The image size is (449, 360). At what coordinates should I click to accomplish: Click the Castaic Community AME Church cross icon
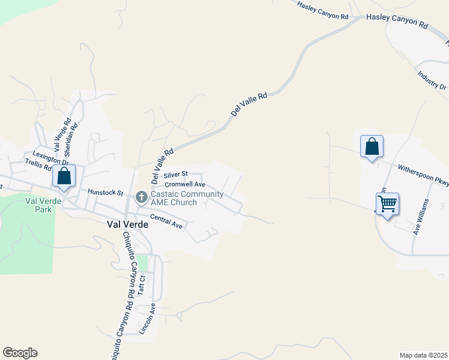(x=142, y=196)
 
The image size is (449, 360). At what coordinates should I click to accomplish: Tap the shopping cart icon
(x=387, y=204)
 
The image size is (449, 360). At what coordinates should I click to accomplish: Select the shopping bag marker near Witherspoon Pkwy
(x=372, y=146)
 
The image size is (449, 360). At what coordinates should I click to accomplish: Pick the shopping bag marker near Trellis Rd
(x=64, y=176)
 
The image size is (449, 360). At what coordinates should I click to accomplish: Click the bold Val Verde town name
(x=119, y=225)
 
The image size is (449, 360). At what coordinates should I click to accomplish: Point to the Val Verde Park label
(x=39, y=206)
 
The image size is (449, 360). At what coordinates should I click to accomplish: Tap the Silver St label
(x=176, y=173)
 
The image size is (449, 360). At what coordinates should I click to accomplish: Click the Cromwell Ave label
(x=185, y=184)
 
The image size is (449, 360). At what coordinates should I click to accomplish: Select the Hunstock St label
(x=105, y=193)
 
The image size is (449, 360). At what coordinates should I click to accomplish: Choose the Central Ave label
(x=166, y=221)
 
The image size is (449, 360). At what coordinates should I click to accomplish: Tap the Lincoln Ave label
(x=148, y=318)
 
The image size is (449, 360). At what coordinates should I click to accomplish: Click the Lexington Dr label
(x=51, y=158)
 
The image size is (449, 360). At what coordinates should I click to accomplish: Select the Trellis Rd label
(x=38, y=166)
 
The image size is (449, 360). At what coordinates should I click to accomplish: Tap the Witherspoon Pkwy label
(x=421, y=175)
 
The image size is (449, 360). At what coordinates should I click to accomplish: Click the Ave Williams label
(x=420, y=217)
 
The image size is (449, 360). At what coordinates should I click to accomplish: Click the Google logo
(x=20, y=353)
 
